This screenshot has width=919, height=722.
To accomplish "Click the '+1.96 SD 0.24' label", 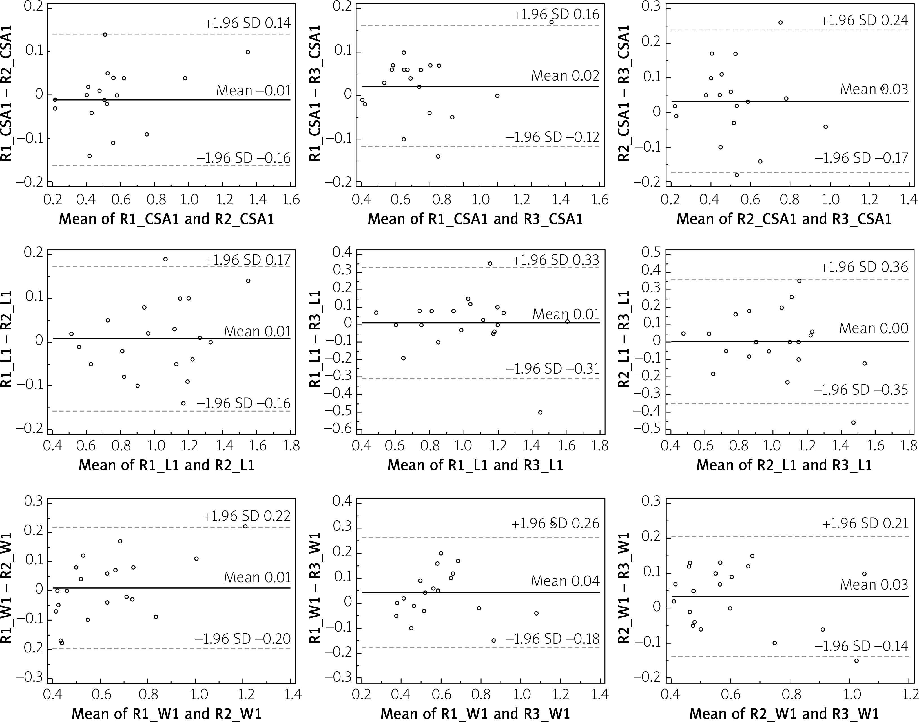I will [864, 20].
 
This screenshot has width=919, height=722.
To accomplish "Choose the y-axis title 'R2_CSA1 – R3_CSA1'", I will [624, 93].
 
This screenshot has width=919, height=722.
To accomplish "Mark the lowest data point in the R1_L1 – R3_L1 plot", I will [540, 412].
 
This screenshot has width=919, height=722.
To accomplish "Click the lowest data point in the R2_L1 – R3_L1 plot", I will [853, 422].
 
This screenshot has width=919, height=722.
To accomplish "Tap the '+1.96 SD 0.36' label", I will [864, 267].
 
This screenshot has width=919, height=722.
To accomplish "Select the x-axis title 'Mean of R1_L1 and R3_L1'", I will [475, 465].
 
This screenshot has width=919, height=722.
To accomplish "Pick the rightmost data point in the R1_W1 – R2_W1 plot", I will [245, 526].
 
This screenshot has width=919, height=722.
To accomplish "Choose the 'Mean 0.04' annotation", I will [565, 581].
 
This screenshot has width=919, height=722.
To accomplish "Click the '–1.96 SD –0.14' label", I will [861, 646].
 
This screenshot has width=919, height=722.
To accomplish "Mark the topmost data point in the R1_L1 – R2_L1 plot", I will [165, 259].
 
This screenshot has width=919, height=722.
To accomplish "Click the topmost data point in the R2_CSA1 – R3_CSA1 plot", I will [780, 23].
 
